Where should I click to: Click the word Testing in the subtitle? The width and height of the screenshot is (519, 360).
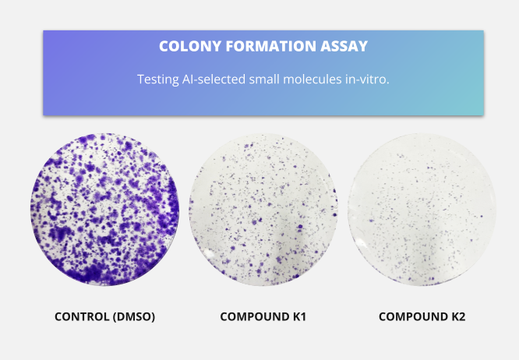pos(158,79)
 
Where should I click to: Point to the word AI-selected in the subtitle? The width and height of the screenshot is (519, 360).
pos(214,79)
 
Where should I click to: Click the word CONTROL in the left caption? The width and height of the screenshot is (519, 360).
pos(82,316)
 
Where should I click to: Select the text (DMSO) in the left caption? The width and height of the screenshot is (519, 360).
pos(134,317)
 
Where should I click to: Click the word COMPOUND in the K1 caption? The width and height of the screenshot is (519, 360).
pos(255,316)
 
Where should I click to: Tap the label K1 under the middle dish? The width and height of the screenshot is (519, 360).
pos(299,316)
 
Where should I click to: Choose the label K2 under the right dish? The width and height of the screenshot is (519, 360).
pos(458,316)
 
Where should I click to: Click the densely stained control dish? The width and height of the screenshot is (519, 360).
pos(105,210)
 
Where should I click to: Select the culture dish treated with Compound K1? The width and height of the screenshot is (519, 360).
pos(263,210)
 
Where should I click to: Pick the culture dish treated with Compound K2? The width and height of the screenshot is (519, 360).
pos(422,210)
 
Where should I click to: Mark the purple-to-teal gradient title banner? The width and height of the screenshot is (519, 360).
pos(263,72)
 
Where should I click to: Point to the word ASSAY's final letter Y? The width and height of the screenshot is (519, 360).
pos(363,46)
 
